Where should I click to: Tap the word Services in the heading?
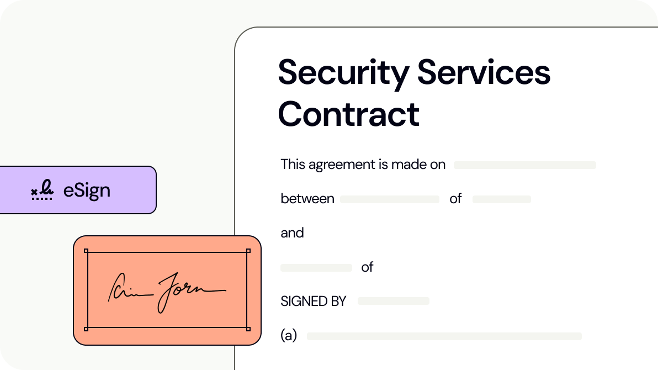point(484,73)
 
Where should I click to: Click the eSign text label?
point(87,191)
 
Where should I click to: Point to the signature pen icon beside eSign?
point(43,191)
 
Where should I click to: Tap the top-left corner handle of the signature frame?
point(86,251)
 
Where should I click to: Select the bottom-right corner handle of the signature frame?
point(248,329)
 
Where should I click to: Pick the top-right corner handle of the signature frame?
point(248,251)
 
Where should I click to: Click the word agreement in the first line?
point(335,165)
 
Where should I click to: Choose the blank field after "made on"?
point(524,165)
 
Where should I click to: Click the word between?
point(307,199)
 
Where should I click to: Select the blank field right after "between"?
point(389,199)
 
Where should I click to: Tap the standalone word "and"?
point(292,233)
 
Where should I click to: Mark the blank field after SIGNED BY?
point(393,301)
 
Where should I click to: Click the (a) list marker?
point(289,336)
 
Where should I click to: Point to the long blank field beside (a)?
point(444,336)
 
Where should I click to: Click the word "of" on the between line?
point(455,199)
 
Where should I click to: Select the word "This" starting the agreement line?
point(293,165)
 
